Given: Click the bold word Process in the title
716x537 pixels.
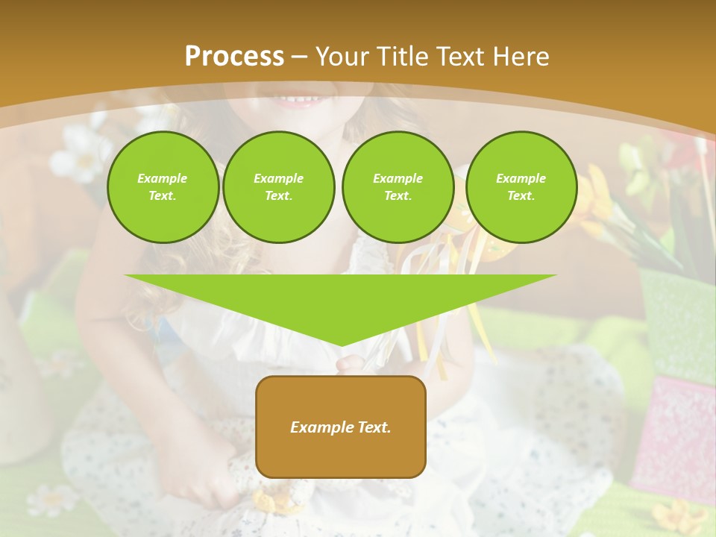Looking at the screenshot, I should (x=234, y=57).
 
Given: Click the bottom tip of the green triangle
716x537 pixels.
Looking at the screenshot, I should (x=342, y=344).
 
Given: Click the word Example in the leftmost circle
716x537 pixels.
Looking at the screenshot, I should (x=163, y=178).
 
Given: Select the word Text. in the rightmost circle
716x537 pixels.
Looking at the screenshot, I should (x=521, y=195).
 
